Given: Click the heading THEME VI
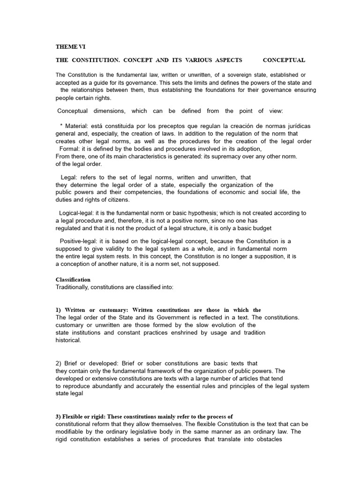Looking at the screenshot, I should click(x=71, y=46).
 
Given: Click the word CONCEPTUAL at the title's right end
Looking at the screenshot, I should click(x=284, y=60).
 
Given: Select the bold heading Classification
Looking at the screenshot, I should click(x=73, y=279).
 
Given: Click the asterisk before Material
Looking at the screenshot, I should click(x=61, y=126).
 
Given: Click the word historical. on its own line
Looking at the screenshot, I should click(x=68, y=340).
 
